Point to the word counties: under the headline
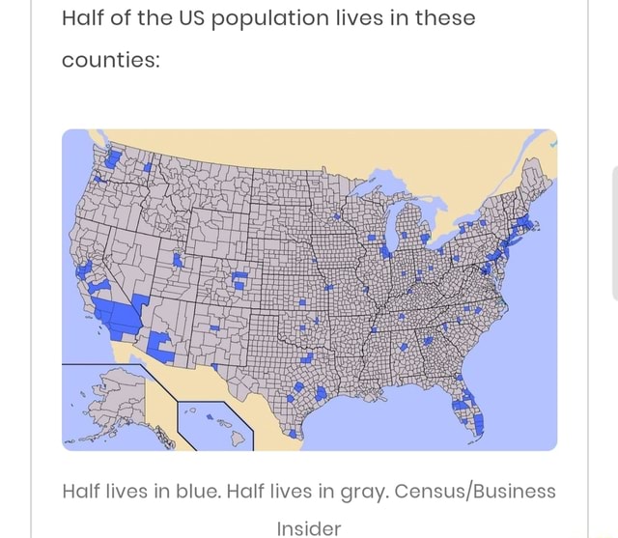[109, 61]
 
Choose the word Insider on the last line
[308, 527]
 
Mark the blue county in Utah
[178, 260]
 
